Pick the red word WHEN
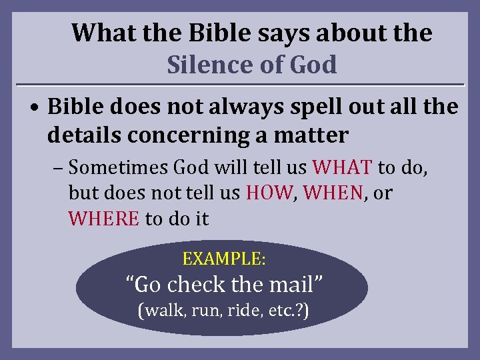click(x=335, y=193)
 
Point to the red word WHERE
click(x=103, y=219)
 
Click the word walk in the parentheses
click(x=159, y=311)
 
